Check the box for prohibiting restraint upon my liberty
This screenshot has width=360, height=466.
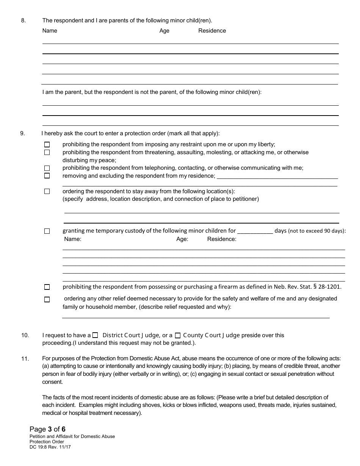[x=47, y=144]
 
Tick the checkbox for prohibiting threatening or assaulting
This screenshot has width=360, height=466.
[x=47, y=152]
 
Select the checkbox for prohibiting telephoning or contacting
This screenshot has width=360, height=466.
[x=47, y=168]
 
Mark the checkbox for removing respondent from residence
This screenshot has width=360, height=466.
[x=47, y=176]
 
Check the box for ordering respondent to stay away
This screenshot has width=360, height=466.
[x=47, y=191]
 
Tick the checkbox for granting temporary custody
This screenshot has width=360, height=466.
[x=47, y=231]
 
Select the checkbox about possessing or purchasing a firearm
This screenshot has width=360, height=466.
[x=47, y=287]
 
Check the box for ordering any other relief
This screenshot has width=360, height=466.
[x=47, y=299]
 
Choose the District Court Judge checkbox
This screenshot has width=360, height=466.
[x=95, y=335]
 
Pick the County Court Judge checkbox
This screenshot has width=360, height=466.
[x=178, y=335]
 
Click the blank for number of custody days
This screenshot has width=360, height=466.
[x=255, y=231]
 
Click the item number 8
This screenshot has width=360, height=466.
[x=23, y=20]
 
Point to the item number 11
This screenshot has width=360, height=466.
[x=25, y=359]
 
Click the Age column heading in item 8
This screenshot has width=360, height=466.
[x=164, y=31]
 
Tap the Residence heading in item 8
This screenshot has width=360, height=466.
[x=212, y=31]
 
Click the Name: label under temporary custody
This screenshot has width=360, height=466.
[x=73, y=239]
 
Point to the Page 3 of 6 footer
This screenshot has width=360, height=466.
[x=47, y=429]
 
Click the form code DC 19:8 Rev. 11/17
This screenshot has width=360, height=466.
[x=50, y=447]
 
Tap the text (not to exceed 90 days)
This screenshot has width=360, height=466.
[x=317, y=231]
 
